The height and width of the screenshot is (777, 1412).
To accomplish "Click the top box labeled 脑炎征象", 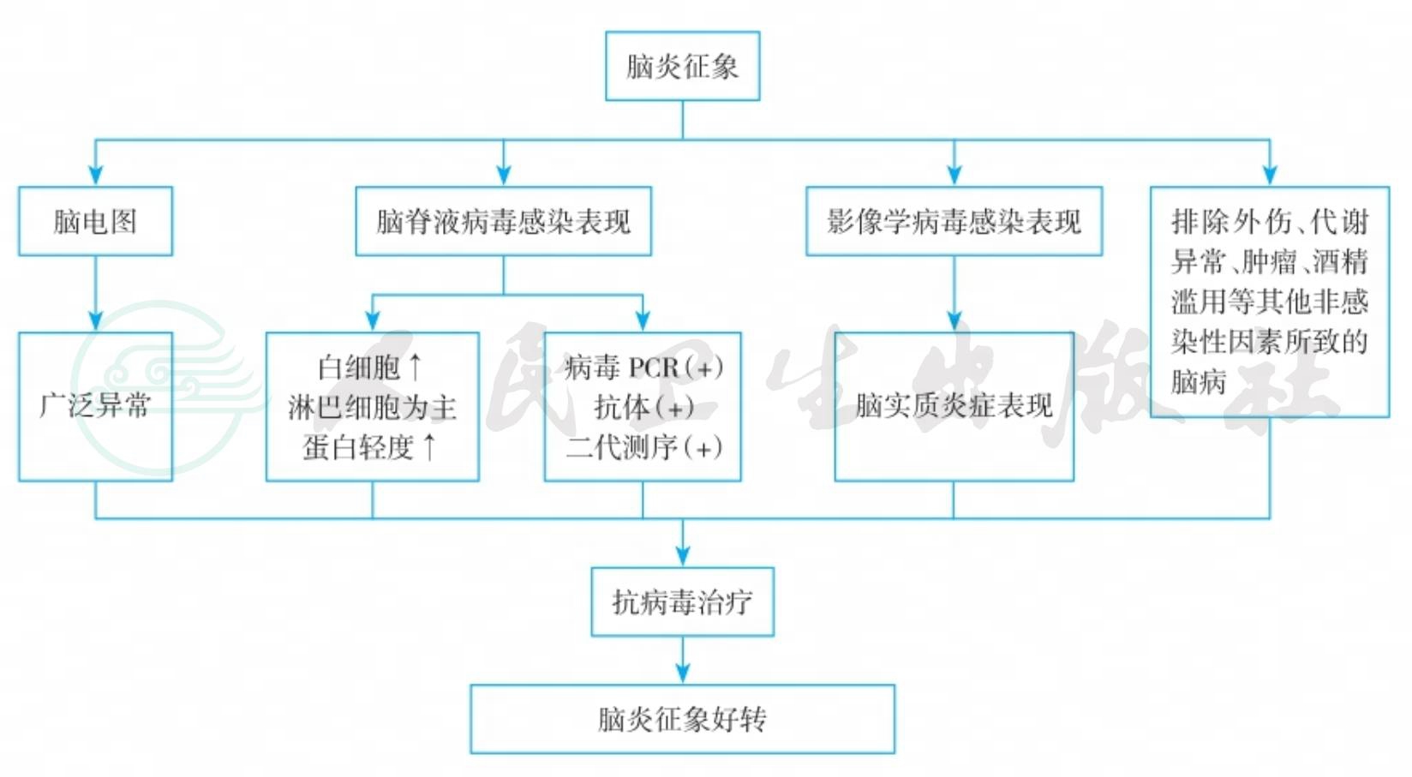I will click(x=682, y=66).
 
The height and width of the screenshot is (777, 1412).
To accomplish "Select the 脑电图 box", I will click(x=95, y=221).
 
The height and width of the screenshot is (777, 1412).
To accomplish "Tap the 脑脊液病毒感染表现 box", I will click(x=503, y=221).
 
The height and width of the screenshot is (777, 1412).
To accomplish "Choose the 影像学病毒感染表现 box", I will click(x=954, y=221).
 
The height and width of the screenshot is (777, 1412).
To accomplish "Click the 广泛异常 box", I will click(x=95, y=406).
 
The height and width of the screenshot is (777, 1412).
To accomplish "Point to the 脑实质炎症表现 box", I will click(x=954, y=406).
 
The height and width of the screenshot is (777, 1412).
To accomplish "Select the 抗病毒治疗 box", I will click(x=682, y=601).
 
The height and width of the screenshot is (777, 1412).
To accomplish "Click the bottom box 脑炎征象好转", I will click(x=682, y=719).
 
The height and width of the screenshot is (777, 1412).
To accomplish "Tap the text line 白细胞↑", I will click(x=371, y=368).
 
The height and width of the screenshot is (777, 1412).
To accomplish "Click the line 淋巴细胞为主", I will click(x=372, y=407).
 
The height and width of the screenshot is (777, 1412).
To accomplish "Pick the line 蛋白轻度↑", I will click(x=371, y=446).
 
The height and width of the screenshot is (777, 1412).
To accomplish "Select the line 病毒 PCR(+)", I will click(x=643, y=368).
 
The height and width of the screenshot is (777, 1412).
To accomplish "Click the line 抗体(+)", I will click(x=643, y=407).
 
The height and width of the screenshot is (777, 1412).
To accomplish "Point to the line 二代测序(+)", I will click(x=643, y=446).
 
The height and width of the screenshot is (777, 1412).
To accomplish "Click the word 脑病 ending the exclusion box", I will click(x=1199, y=382).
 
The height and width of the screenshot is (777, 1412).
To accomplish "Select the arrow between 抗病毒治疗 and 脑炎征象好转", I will click(x=682, y=661).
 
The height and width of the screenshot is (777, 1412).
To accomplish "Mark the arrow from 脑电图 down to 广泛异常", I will click(x=95, y=296).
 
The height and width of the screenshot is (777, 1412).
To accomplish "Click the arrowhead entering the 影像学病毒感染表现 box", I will click(x=954, y=175).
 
